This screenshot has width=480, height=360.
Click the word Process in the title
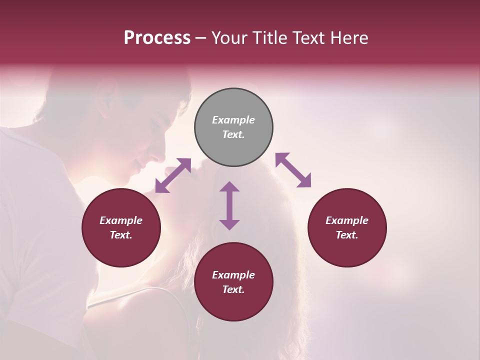point(157,38)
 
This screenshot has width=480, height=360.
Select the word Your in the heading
point(229,38)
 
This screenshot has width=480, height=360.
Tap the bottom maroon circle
point(233,305)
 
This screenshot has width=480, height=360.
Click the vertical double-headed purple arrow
point(229,205)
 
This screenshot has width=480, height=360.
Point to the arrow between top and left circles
point(173,175)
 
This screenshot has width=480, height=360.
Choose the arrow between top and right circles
point(293,170)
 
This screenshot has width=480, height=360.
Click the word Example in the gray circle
point(233,120)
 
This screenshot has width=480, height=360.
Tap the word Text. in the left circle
point(121,235)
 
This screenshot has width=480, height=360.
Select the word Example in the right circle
point(347,220)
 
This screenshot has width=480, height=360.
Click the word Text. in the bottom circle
point(233,289)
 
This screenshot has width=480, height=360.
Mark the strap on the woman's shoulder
point(130,295)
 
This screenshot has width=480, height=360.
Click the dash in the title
point(200,38)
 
